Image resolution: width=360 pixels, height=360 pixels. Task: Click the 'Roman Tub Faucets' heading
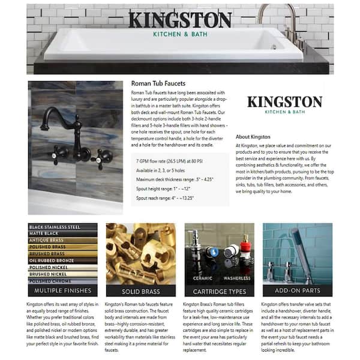[x=158, y=84]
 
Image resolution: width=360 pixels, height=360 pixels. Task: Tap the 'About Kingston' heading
[x=253, y=137]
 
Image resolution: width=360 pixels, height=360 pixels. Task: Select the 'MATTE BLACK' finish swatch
[x=62, y=233]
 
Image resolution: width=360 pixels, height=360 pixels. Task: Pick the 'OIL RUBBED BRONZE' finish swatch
[x=62, y=260]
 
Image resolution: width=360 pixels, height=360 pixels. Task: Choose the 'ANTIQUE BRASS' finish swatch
[x=62, y=240]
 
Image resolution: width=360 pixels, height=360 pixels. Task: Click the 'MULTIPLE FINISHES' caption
[x=62, y=290]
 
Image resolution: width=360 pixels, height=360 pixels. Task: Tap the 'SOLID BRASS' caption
[x=140, y=291]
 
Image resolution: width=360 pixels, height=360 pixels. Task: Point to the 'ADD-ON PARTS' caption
[x=297, y=290]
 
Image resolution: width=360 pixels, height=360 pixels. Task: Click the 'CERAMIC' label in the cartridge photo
[x=203, y=278]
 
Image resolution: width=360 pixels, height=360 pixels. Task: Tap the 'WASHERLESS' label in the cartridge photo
[x=237, y=278]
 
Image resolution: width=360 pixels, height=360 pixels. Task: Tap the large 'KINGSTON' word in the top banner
[x=179, y=20]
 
